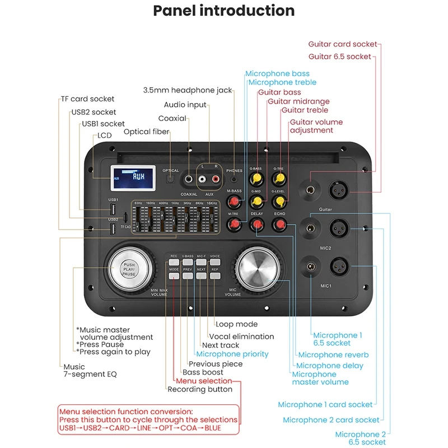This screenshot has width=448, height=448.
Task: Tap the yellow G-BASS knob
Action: click(256, 179)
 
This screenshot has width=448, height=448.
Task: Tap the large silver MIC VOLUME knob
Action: click(259, 268)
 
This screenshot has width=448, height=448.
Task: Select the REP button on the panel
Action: click(215, 276)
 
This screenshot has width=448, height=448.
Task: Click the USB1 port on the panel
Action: click(113, 209)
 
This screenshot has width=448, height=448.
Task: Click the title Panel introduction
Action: click(224, 11)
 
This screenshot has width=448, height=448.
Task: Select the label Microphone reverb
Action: click(333, 354)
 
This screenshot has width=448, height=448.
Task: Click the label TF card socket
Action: click(88, 99)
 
